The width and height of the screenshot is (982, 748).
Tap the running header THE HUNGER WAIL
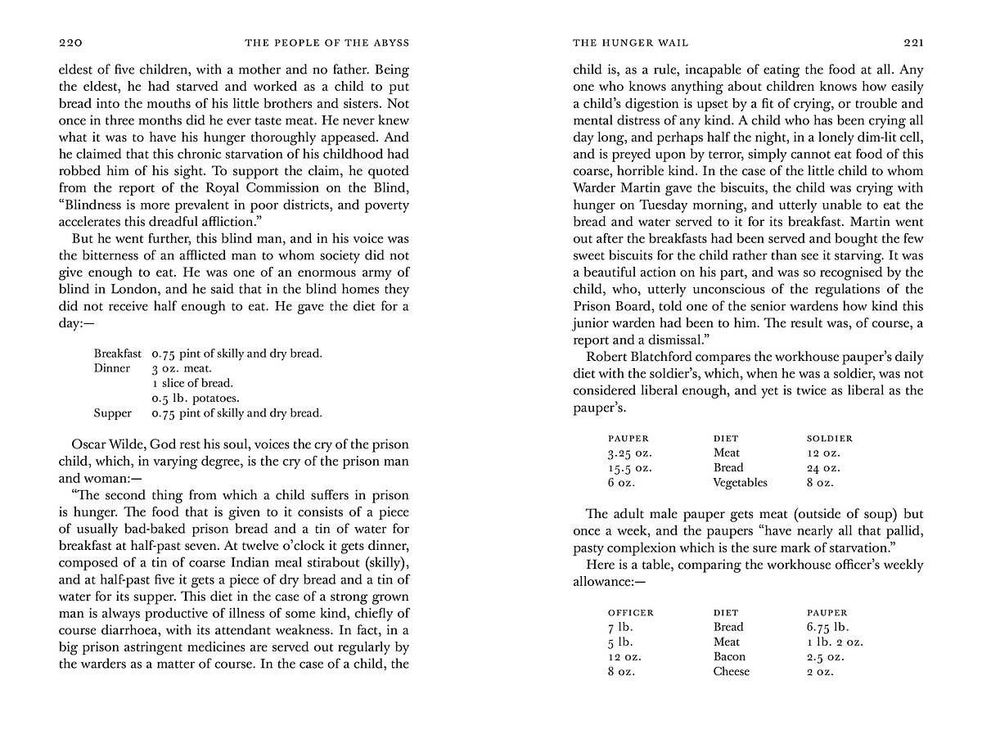pos(619,43)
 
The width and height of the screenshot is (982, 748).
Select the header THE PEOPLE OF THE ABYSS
pos(327,43)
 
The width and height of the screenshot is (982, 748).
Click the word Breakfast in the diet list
pos(118,354)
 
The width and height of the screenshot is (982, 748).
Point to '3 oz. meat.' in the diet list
pos(181,368)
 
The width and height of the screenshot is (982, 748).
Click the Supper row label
pos(112,413)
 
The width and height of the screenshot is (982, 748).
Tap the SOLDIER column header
pos(830,439)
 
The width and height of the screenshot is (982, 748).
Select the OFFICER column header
pos(631,612)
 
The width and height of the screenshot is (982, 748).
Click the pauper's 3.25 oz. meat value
pos(629,453)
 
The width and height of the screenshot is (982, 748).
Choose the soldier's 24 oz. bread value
pos(823,468)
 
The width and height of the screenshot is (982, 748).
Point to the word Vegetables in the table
pos(740,483)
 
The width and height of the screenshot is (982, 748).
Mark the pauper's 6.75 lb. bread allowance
pos(827,627)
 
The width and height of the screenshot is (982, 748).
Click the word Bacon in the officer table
pos(729,656)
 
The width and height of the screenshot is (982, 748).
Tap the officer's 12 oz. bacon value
pos(625,656)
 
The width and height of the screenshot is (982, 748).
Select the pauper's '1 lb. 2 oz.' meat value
pos(835,642)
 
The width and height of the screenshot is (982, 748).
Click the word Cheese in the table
pos(731,671)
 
